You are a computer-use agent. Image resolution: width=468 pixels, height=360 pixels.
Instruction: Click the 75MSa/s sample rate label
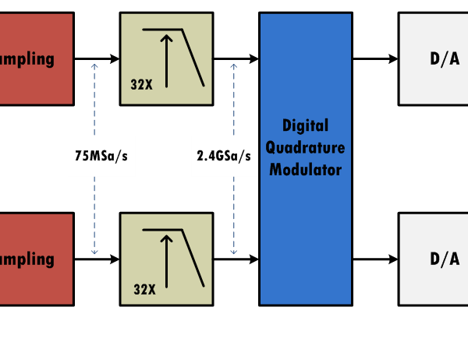(101, 155)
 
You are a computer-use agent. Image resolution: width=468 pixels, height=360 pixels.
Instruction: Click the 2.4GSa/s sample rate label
(224, 155)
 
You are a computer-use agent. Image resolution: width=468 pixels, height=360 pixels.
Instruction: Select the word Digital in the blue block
(305, 125)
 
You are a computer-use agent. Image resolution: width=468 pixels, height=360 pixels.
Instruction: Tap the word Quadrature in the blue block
(305, 147)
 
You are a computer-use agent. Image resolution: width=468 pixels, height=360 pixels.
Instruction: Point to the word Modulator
(305, 169)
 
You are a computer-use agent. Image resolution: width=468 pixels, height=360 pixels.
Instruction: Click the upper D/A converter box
(434, 58)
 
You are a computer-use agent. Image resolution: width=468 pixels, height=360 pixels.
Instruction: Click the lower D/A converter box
(434, 259)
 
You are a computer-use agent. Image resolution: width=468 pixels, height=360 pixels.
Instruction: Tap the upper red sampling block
(36, 58)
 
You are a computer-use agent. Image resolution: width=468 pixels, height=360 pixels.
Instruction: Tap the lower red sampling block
(36, 259)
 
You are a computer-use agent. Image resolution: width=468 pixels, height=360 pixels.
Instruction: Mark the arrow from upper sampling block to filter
(97, 58)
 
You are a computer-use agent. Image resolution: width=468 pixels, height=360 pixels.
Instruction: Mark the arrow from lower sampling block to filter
(97, 259)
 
